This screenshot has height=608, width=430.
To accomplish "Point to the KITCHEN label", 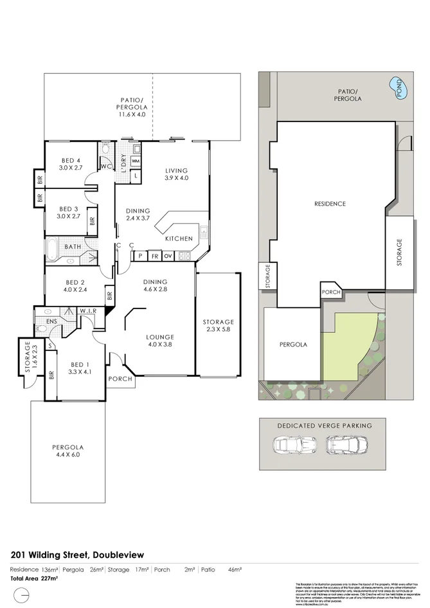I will [x=179, y=238].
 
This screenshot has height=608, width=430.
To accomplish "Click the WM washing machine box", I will [x=136, y=161].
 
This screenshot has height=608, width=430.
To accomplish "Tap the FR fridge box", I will [x=155, y=256].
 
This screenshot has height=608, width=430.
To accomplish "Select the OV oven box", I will [x=169, y=256].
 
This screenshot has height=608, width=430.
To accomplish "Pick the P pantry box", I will [x=140, y=256].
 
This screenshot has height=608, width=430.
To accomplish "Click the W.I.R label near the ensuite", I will [x=87, y=311].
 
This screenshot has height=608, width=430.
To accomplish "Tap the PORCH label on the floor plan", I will [x=120, y=379].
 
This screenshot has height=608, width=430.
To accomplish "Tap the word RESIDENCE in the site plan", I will [x=330, y=204].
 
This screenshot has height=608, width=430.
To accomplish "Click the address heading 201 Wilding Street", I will [x=78, y=555].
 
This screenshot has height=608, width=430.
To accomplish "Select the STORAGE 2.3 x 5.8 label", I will [x=219, y=326].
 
